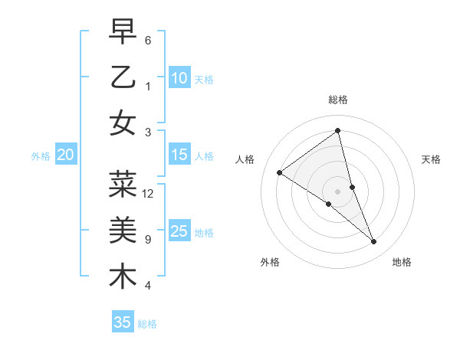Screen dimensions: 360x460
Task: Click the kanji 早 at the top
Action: [123, 33]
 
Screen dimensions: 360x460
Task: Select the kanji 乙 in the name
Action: [123, 77]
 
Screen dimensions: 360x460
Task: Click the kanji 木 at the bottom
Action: [123, 276]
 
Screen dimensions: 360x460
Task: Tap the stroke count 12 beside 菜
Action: [148, 194]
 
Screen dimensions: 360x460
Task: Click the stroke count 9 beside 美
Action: [147, 240]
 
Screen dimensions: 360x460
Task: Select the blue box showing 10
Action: [179, 78]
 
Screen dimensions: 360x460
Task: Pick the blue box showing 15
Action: [179, 155]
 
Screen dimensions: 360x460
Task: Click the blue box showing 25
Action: [179, 231]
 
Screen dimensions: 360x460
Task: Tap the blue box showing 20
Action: [66, 155]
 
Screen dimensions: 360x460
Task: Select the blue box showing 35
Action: [123, 322]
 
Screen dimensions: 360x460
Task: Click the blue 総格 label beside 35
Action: [147, 324]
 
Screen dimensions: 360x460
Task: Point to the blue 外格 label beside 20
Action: [41, 156]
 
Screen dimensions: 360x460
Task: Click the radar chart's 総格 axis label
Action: [337, 100]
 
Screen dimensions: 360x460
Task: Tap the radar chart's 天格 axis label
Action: [431, 159]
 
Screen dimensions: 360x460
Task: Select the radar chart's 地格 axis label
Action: [402, 262]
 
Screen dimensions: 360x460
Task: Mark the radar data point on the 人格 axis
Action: [280, 172]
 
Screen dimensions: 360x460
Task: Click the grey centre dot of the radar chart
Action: [337, 191]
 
